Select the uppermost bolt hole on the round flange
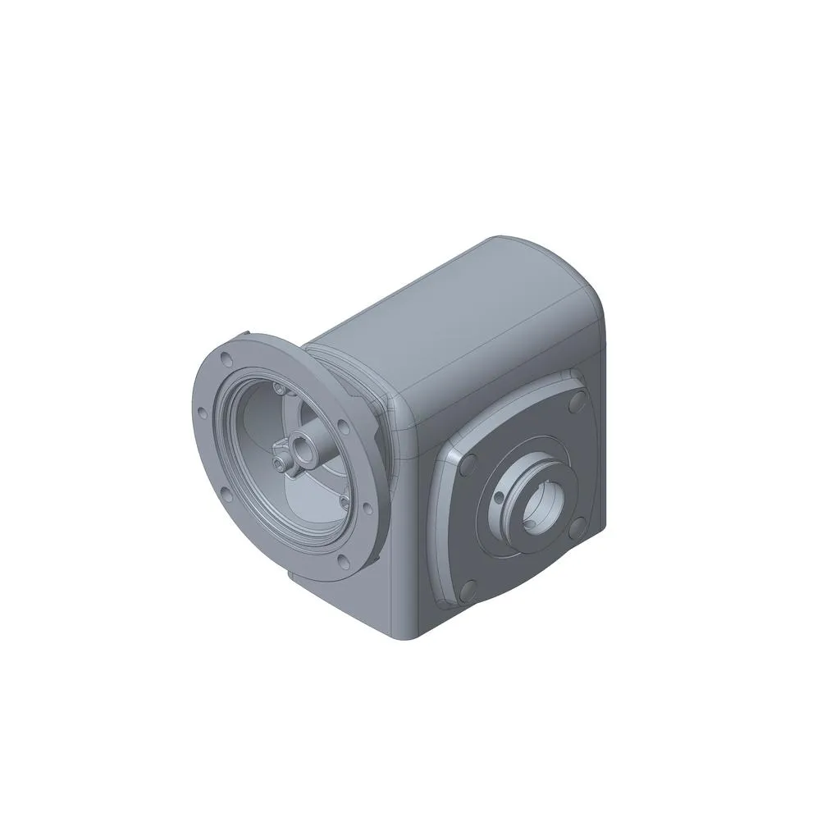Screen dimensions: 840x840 click(226, 358)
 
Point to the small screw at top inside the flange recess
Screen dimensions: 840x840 click(281, 390)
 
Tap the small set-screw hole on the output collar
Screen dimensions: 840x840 click(497, 498)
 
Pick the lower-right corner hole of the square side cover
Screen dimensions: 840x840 click(581, 527)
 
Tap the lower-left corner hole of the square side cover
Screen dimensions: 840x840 click(470, 587)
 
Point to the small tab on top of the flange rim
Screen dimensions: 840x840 click(249, 335)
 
